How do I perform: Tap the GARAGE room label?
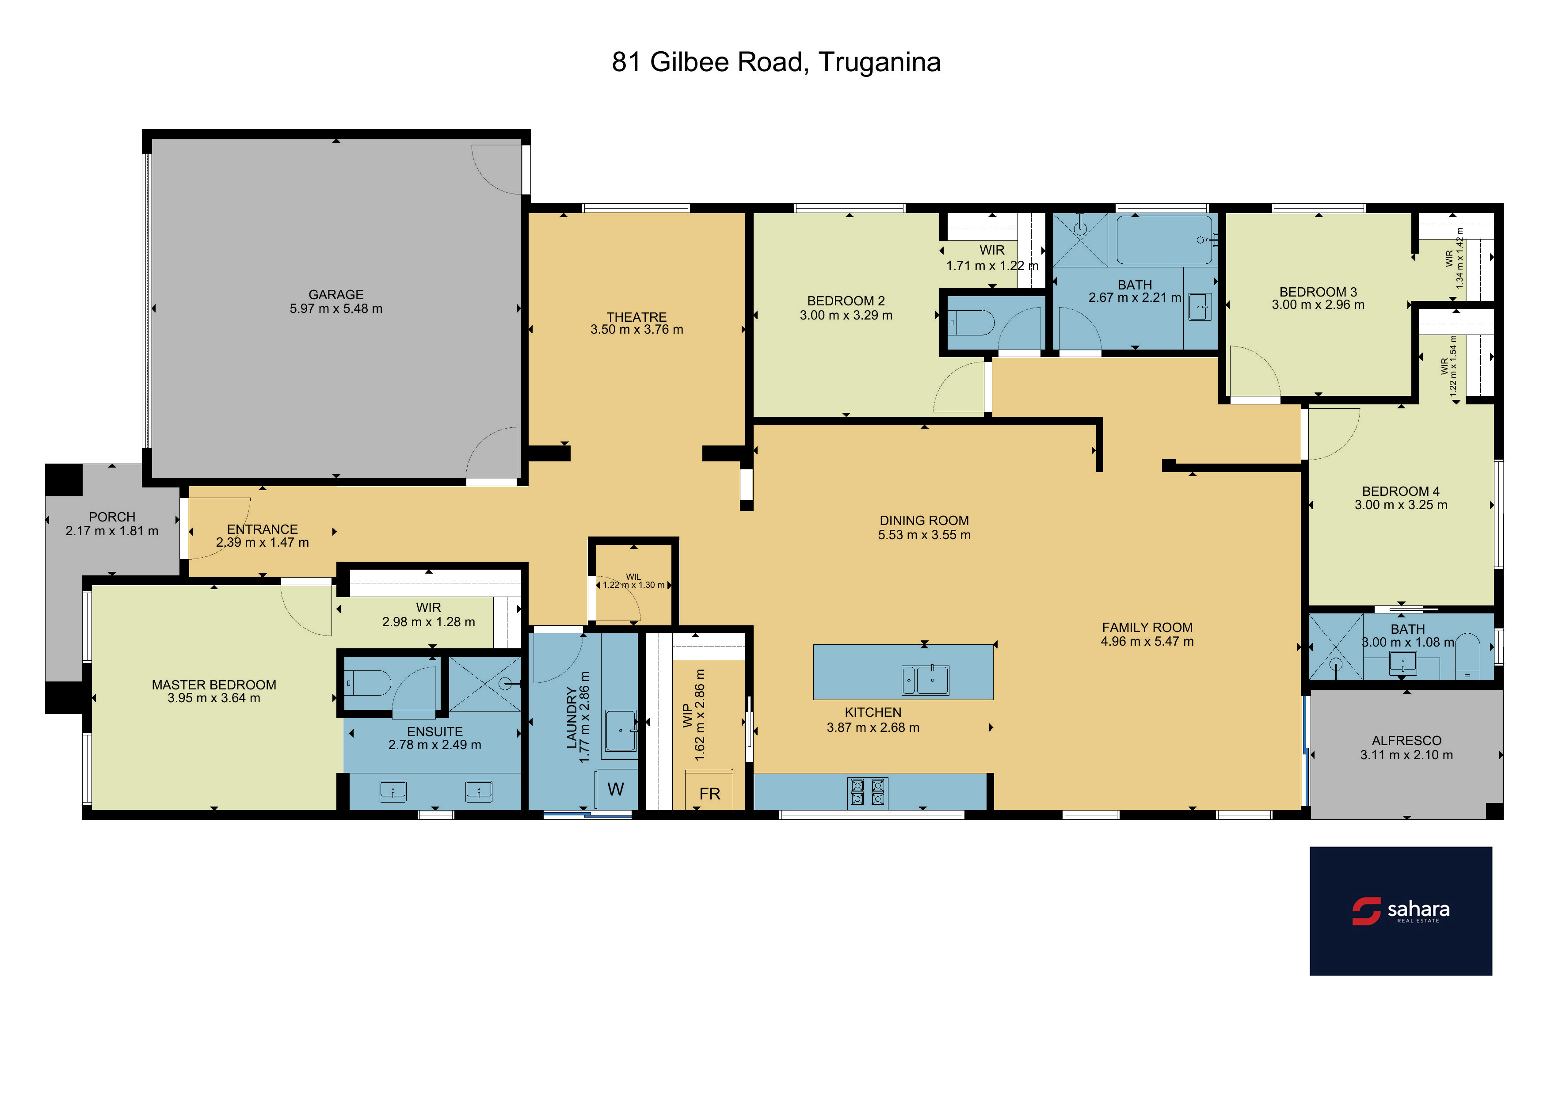pos(336,294)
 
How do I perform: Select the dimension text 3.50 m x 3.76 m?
pos(636,330)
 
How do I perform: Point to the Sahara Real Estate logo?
pos(1400,910)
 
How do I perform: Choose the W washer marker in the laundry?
pos(615,789)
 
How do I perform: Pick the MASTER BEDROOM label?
pos(213,685)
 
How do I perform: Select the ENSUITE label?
pos(434,732)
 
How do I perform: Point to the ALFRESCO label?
pos(1406,741)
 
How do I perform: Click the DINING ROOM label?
pos(924,521)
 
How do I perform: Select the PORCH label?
pos(112,517)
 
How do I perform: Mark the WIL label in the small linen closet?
pos(633,577)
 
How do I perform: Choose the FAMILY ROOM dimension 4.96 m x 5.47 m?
pos(1147,642)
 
